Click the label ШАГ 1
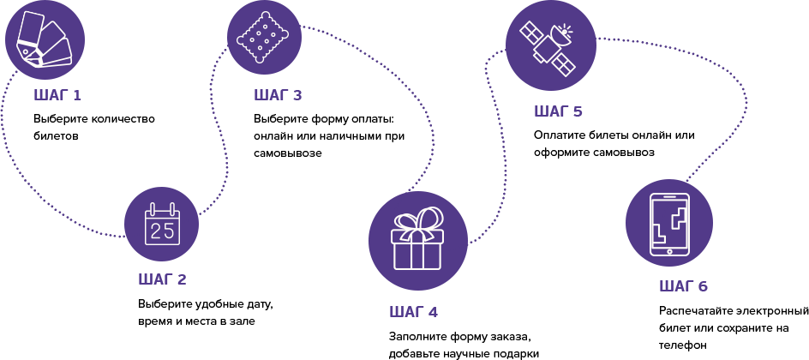57,95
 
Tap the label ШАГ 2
162,279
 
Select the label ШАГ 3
278,95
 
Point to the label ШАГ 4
413,312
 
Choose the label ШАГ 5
558,111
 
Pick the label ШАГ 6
683,286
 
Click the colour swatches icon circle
45,39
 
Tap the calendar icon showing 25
161,224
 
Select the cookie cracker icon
264,37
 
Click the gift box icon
417,241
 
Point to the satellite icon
550,45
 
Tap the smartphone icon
668,223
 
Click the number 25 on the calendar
162,231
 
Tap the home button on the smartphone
669,251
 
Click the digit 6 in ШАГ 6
703,286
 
